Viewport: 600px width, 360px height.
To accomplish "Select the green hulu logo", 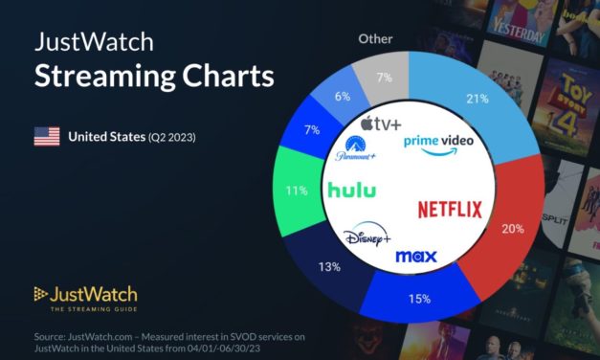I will tap(351, 190).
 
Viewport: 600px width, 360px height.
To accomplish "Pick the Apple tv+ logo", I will tap(379, 124).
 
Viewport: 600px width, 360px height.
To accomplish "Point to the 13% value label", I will tap(330, 266).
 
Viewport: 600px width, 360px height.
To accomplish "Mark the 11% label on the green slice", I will tap(298, 190).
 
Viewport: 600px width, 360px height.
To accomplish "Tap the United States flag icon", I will tap(47, 137).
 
